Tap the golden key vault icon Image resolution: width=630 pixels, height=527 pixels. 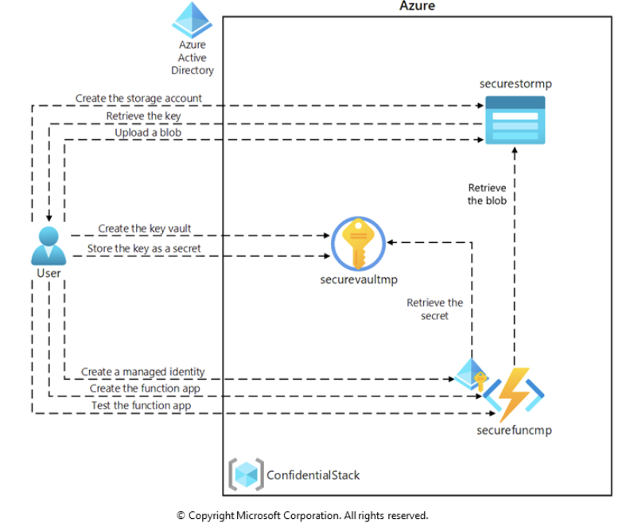pyautogui.click(x=357, y=244)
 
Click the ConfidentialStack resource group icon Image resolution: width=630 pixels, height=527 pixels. pyautogui.click(x=244, y=474)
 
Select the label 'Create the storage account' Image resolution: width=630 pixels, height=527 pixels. pyautogui.click(x=138, y=98)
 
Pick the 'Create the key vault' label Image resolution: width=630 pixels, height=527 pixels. pyautogui.click(x=145, y=228)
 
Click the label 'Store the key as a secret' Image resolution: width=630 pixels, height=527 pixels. pyautogui.click(x=144, y=248)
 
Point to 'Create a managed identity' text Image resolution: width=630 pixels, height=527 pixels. pyautogui.click(x=143, y=372)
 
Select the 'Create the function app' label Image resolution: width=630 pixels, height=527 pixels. pyautogui.click(x=142, y=388)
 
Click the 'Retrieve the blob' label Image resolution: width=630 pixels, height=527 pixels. pyautogui.click(x=487, y=194)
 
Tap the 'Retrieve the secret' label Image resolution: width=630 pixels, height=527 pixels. pyautogui.click(x=434, y=309)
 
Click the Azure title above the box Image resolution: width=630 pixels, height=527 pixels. pyautogui.click(x=417, y=6)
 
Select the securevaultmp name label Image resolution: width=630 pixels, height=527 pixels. pyautogui.click(x=359, y=279)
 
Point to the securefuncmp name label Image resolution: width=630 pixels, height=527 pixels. pyautogui.click(x=514, y=431)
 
